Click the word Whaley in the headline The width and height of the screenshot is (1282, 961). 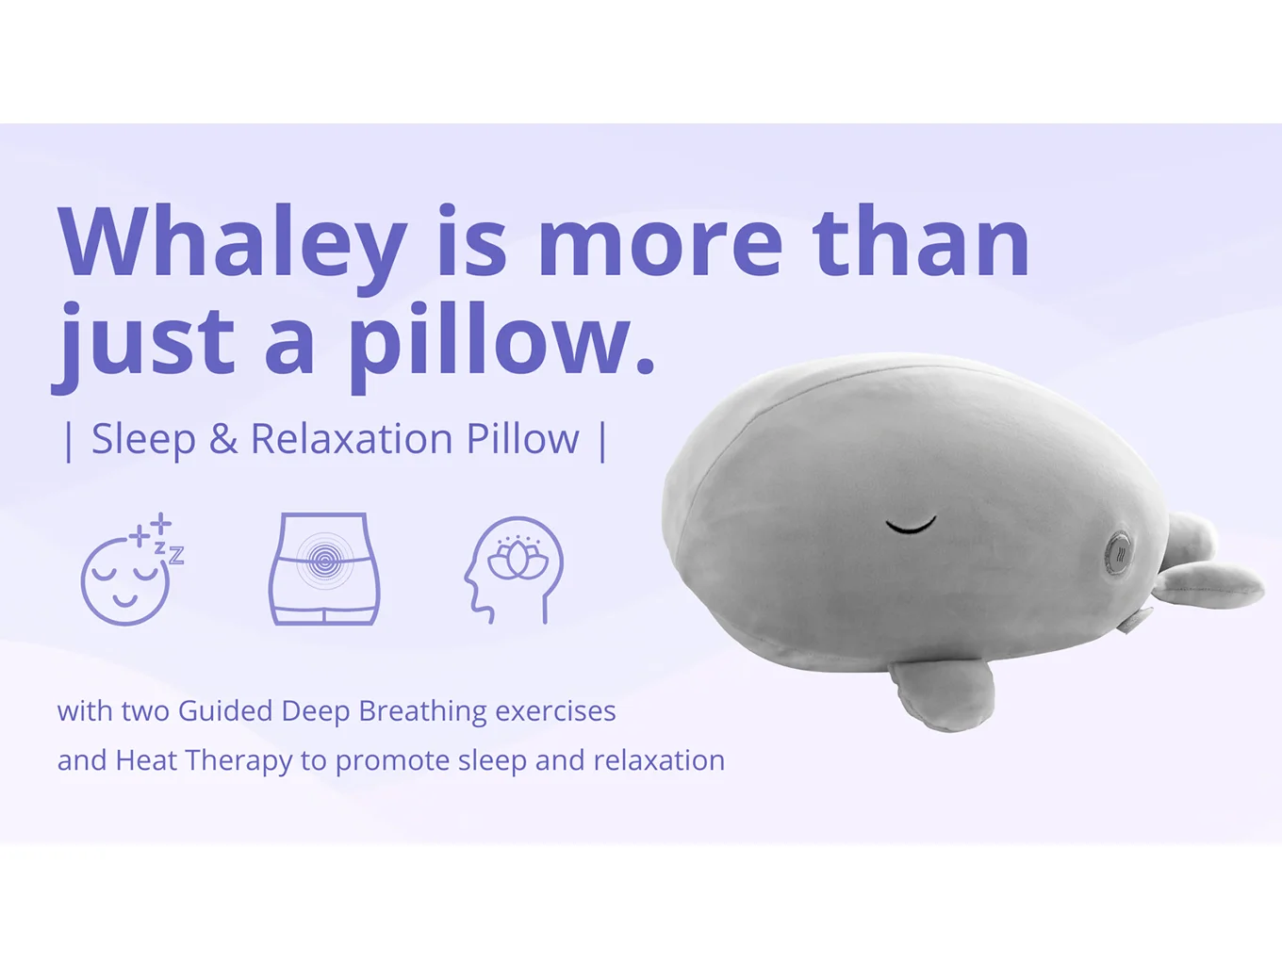pyautogui.click(x=232, y=243)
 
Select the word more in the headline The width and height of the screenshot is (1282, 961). pyautogui.click(x=659, y=243)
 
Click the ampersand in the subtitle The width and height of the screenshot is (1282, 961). pyautogui.click(x=222, y=440)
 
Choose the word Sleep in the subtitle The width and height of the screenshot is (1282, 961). pyautogui.click(x=143, y=439)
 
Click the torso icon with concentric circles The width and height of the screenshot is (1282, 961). pyautogui.click(x=324, y=568)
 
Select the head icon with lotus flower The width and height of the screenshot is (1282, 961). pyautogui.click(x=515, y=569)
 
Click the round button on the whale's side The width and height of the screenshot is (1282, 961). pyautogui.click(x=1120, y=553)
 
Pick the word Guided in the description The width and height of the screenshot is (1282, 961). pyautogui.click(x=225, y=711)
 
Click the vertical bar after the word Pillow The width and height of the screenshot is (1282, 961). pyautogui.click(x=602, y=440)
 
